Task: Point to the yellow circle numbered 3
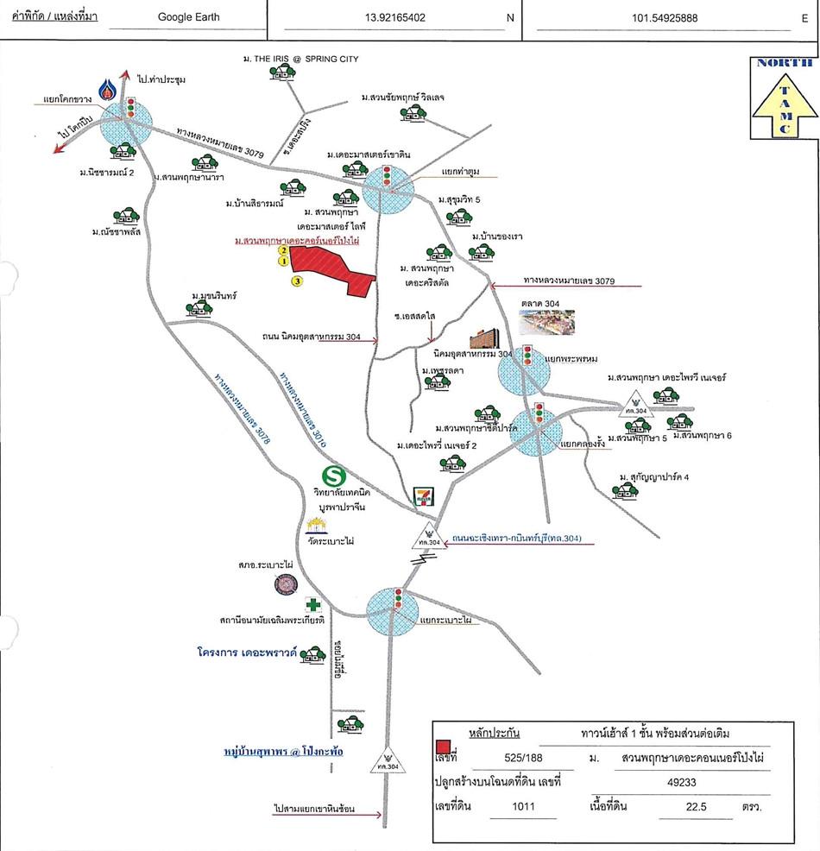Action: click(x=296, y=281)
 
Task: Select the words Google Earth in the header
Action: click(x=189, y=16)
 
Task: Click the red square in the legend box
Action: click(x=443, y=747)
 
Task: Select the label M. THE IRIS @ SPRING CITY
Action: click(x=300, y=59)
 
